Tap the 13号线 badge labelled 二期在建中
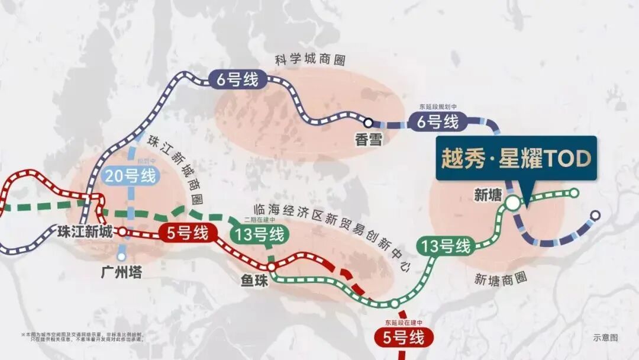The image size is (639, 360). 260,234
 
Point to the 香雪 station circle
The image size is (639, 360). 368,123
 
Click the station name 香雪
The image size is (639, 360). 369,140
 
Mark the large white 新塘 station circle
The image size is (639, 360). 512,202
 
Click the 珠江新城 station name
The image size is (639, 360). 85,232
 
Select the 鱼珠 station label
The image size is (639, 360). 254,279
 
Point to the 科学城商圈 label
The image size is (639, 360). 310,60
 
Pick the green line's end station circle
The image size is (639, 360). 574,192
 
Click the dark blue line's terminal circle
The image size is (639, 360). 595,215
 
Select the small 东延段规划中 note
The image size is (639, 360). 438,107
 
